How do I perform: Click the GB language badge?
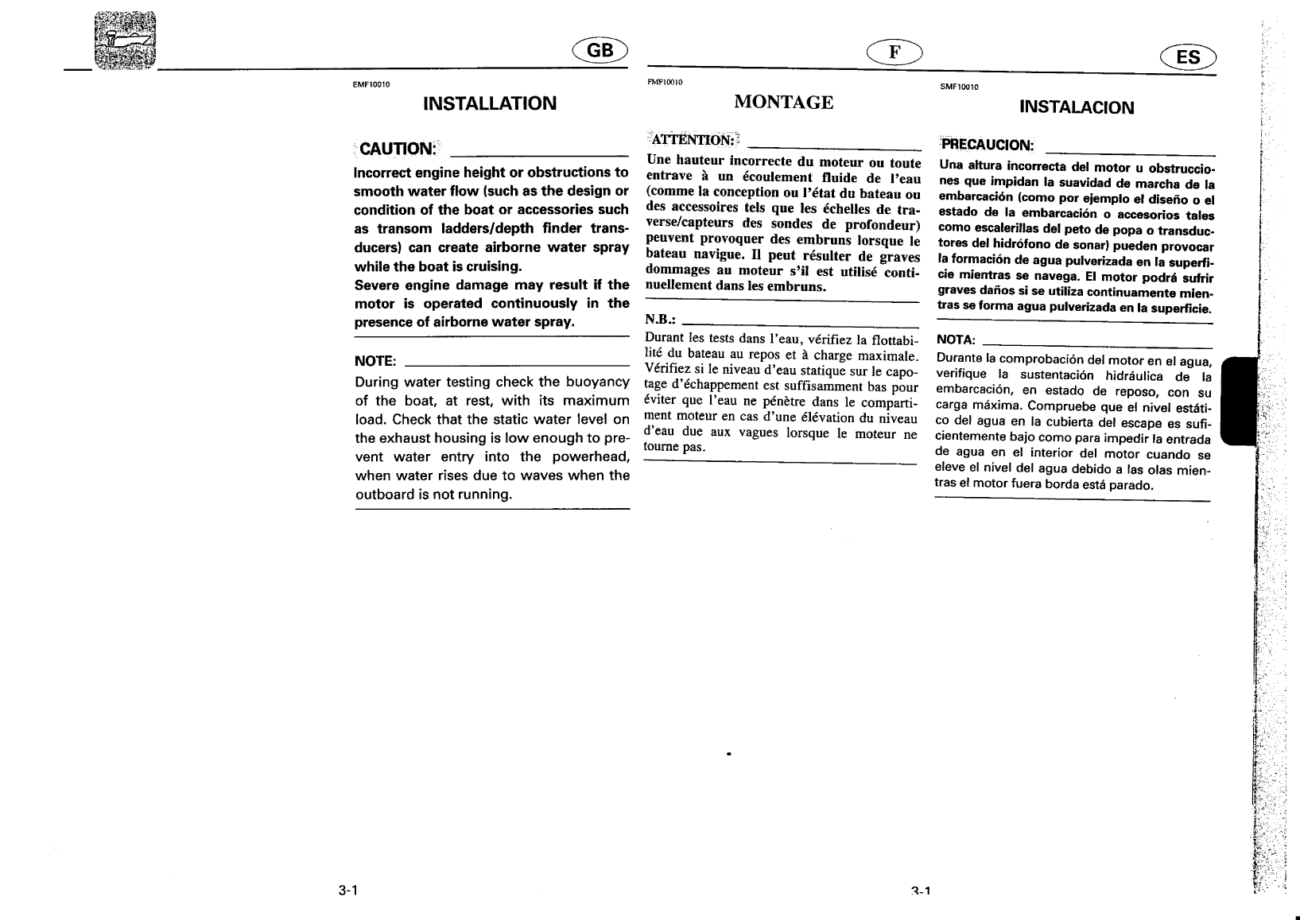tap(600, 51)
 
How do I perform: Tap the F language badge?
tap(894, 52)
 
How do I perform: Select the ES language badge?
tap(1188, 56)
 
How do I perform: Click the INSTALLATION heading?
tap(490, 103)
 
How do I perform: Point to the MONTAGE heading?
tap(783, 102)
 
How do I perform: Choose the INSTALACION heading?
tap(1077, 107)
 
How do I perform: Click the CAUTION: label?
tap(398, 149)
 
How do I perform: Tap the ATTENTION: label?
tap(693, 141)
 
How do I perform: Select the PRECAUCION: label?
tap(987, 145)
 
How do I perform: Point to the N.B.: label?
tap(661, 319)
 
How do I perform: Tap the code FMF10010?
tap(666, 82)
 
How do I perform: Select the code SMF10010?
tap(959, 87)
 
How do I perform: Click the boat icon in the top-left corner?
tap(126, 41)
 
